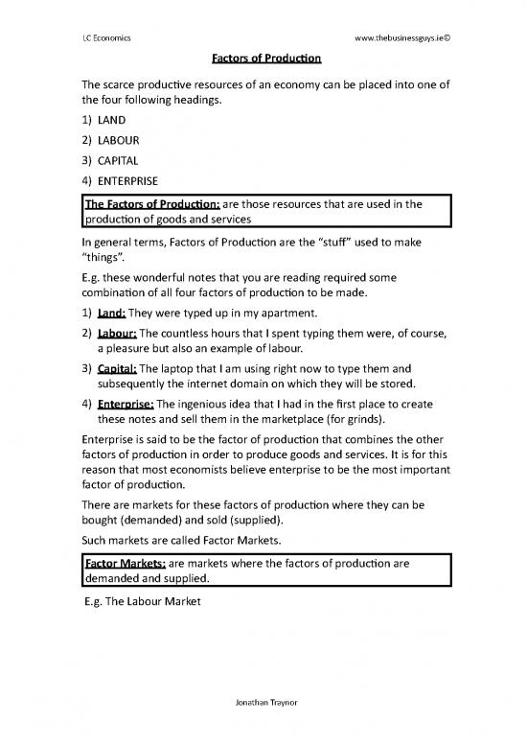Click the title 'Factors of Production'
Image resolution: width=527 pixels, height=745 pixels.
[263, 59]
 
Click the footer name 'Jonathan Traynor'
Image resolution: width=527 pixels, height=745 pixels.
[263, 727]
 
